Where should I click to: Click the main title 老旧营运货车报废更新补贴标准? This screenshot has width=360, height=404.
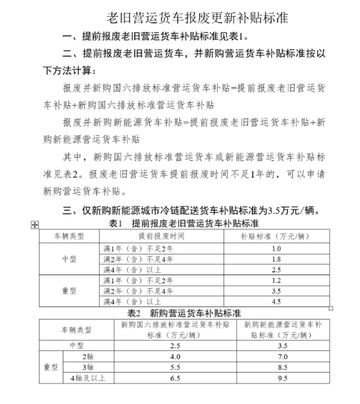(x=197, y=18)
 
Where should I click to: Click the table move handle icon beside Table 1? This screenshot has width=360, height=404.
(x=35, y=225)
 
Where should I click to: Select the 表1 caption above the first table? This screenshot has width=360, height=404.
(x=184, y=223)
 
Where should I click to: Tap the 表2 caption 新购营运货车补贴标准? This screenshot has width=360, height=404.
(x=184, y=313)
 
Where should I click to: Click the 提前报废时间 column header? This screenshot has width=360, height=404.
(x=161, y=236)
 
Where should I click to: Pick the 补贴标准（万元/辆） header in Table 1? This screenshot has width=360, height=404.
(x=276, y=236)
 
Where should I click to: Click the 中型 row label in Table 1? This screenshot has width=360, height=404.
(x=69, y=259)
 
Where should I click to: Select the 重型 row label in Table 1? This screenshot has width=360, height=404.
(x=69, y=291)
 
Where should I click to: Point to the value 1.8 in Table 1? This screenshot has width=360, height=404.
(x=276, y=259)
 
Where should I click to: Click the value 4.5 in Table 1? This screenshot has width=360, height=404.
(x=276, y=302)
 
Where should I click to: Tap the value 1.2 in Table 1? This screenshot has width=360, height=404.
(x=276, y=280)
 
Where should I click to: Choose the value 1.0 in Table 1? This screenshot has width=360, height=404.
(x=276, y=249)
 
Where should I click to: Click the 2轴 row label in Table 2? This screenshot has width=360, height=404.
(x=88, y=357)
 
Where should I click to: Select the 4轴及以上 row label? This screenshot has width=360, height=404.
(x=88, y=378)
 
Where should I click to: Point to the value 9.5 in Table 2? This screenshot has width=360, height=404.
(x=283, y=378)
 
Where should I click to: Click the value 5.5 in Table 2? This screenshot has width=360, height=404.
(x=175, y=367)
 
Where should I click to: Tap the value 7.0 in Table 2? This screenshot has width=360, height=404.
(x=283, y=357)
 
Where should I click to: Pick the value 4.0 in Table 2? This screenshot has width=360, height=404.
(x=175, y=357)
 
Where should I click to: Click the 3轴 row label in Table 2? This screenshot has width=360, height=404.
(x=88, y=367)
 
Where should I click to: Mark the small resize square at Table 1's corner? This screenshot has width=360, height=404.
(x=331, y=308)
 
